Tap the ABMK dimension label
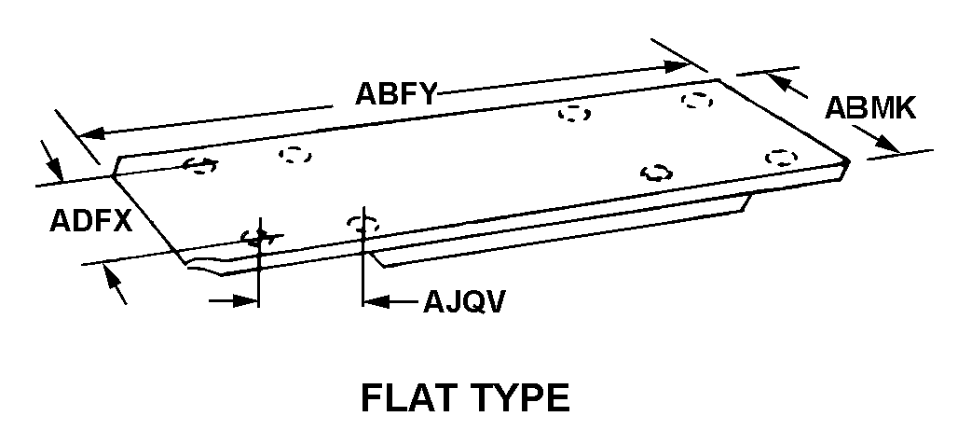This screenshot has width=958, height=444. pos(871,108)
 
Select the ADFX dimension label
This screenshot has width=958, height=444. pos(89,221)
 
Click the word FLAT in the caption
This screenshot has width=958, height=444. pos(406,397)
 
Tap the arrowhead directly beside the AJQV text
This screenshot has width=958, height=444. pos(374,300)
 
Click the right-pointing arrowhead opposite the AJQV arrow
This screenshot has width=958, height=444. pos(246,300)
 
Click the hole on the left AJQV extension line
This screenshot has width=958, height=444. pos(257,237)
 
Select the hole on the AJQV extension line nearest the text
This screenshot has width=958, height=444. pos(362,224)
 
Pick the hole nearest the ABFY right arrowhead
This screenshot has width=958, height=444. pos(697,99)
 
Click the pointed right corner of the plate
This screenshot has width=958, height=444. pos(847,162)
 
